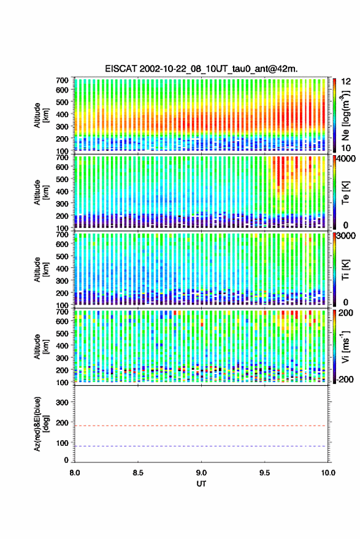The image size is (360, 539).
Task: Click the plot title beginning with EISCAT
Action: tap(201, 69)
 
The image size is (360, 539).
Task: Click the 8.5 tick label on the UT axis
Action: tap(138, 473)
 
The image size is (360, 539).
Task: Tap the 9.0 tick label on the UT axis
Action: tap(202, 473)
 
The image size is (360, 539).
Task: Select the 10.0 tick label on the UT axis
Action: tap(328, 473)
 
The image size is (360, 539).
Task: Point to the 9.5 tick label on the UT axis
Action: tap(265, 473)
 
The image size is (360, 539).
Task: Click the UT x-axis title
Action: tap(201, 484)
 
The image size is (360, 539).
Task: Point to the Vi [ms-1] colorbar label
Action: tap(345, 346)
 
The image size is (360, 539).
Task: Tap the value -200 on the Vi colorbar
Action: tap(345, 380)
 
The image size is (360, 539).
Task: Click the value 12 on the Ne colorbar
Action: tap(347, 82)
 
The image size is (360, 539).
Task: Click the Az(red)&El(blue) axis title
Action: tap(41, 424)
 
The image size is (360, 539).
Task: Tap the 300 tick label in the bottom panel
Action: tap(62, 402)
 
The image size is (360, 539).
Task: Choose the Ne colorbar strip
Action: tap(334, 115)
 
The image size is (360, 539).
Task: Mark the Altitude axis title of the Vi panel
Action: tap(41, 346)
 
